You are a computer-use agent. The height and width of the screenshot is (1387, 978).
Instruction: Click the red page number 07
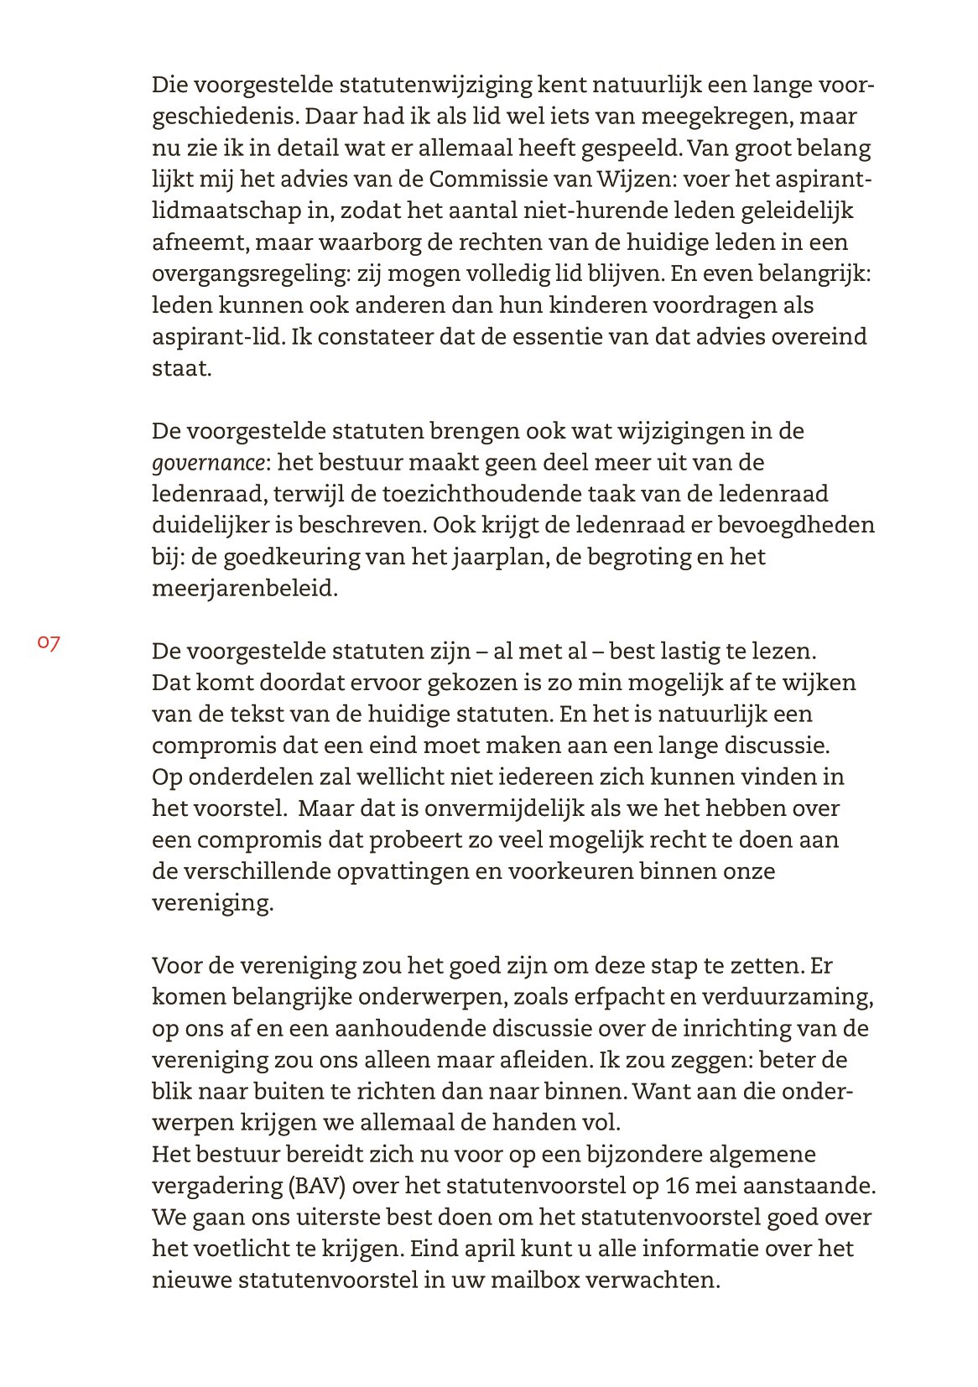coord(49,643)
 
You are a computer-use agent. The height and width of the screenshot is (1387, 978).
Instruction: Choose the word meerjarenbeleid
coord(244,589)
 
